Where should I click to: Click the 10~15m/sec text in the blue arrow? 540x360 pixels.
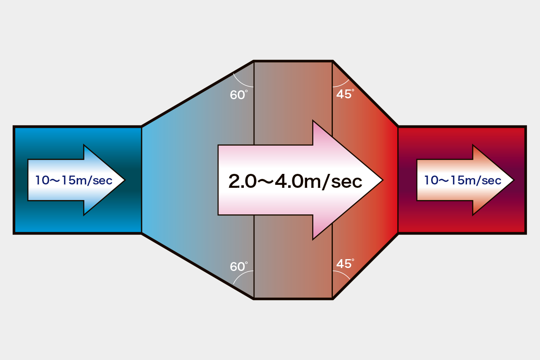pyautogui.click(x=74, y=180)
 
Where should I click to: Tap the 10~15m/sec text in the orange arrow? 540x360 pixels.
pyautogui.click(x=463, y=180)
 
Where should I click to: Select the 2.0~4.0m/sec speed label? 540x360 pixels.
pyautogui.click(x=295, y=181)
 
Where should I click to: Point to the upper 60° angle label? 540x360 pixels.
pyautogui.click(x=239, y=95)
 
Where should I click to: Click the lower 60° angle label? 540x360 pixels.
pyautogui.click(x=239, y=266)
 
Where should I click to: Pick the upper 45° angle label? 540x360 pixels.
pyautogui.click(x=345, y=94)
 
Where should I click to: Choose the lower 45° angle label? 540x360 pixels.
pyautogui.click(x=345, y=263)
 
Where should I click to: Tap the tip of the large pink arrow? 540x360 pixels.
pyautogui.click(x=383, y=180)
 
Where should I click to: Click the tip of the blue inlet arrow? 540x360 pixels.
pyautogui.click(x=125, y=180)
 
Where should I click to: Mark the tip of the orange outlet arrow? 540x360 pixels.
pyautogui.click(x=514, y=180)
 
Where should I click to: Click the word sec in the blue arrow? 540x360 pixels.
pyautogui.click(x=103, y=181)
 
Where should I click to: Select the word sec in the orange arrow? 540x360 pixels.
pyautogui.click(x=491, y=181)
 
